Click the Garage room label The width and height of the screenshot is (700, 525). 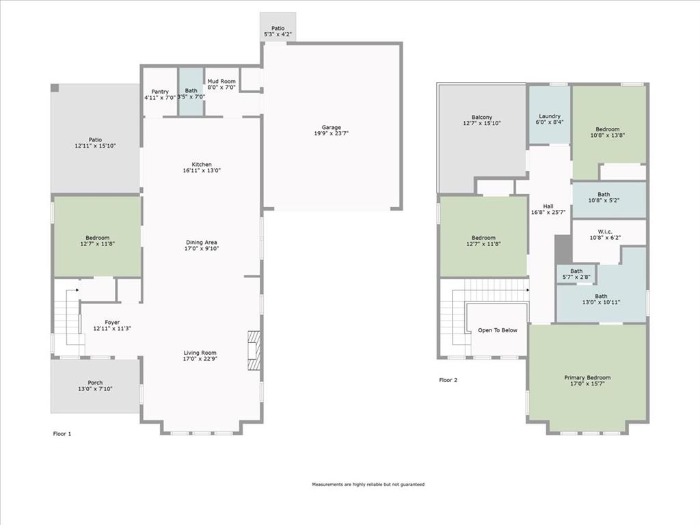(332, 127)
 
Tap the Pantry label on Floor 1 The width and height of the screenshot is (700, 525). (160, 92)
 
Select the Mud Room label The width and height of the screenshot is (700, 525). (221, 81)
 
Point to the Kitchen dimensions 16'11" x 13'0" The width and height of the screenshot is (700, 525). (202, 170)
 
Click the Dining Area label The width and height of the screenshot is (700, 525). (202, 243)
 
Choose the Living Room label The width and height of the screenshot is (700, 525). (200, 353)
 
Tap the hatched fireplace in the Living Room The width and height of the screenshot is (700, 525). (254, 351)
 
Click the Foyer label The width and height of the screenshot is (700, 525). (112, 323)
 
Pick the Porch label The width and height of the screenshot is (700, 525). (95, 383)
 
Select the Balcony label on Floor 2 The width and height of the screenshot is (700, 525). (482, 117)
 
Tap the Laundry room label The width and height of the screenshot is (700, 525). (550, 116)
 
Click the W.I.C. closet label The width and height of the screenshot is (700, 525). (605, 232)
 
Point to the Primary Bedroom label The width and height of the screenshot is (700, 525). (587, 377)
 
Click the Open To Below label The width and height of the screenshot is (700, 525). (498, 330)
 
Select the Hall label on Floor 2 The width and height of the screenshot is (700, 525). (548, 206)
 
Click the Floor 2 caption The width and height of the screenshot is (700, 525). (448, 380)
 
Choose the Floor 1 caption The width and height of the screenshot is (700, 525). (62, 434)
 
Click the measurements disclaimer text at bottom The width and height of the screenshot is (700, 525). (368, 485)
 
